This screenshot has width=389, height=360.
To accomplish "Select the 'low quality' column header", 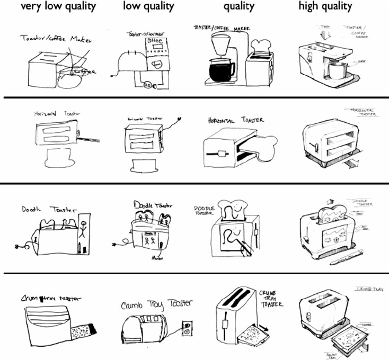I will (148, 7).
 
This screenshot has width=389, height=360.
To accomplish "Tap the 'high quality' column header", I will (325, 7).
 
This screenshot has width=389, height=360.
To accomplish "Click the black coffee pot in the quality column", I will (222, 69).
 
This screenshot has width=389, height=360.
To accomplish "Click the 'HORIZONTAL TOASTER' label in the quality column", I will (236, 121).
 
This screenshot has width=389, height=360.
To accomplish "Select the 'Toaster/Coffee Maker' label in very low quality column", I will (52, 38).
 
